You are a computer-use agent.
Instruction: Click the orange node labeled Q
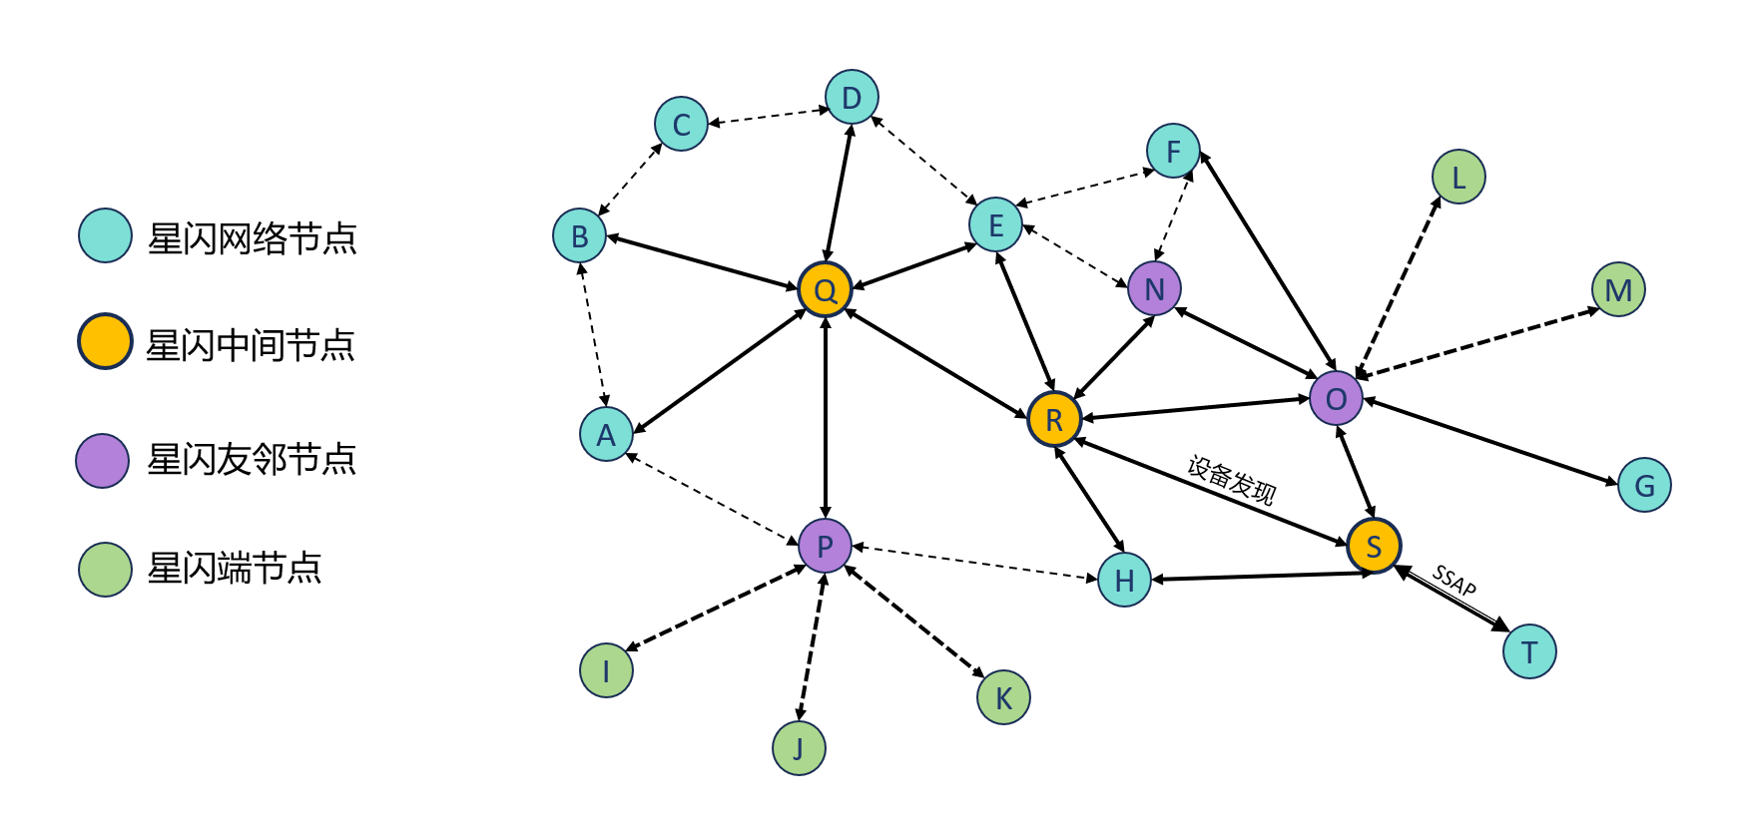[x=825, y=289]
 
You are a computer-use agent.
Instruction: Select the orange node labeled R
[x=1054, y=420]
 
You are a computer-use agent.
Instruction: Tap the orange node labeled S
[x=1374, y=546]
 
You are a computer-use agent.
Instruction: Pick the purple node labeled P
[x=825, y=546]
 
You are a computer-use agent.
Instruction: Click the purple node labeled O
[x=1336, y=398]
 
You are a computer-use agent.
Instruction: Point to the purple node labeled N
[x=1154, y=288]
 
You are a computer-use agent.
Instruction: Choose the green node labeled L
[x=1458, y=178]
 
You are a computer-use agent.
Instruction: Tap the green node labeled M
[x=1618, y=290]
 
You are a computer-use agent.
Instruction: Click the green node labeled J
[x=799, y=748]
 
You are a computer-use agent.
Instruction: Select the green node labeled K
[x=1003, y=697]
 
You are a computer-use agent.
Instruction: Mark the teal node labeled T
[x=1529, y=651]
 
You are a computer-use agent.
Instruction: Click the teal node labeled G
[x=1644, y=485]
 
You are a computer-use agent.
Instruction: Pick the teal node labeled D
[x=852, y=98]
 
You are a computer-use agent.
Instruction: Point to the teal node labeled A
[x=606, y=434]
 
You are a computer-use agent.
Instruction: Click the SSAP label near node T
[x=1453, y=580]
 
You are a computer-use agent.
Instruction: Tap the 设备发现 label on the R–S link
[x=1231, y=480]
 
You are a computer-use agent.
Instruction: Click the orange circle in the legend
[x=105, y=341]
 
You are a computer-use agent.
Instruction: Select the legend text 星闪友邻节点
[x=252, y=460]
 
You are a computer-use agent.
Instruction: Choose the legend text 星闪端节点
[x=235, y=569]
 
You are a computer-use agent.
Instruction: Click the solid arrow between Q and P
[x=825, y=419]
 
